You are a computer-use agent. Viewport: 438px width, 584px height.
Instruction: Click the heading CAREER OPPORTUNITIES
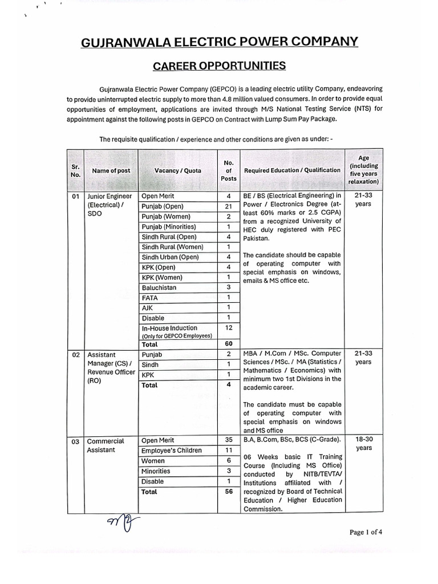click(x=220, y=66)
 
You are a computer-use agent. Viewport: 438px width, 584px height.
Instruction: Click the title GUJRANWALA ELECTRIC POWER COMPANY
click(x=220, y=41)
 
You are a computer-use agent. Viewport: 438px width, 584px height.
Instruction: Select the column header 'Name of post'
click(x=111, y=171)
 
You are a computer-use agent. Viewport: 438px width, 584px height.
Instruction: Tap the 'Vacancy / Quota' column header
click(x=177, y=171)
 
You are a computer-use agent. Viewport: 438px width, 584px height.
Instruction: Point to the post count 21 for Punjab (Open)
click(x=228, y=206)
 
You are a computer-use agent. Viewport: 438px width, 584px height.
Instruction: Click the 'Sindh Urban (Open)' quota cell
click(x=170, y=257)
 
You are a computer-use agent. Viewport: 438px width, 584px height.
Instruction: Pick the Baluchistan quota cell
click(x=159, y=287)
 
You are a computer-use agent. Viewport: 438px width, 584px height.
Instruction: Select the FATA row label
click(x=150, y=298)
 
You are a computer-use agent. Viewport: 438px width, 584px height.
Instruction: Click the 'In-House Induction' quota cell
click(x=170, y=328)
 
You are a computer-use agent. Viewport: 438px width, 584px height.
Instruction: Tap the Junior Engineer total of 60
click(x=228, y=344)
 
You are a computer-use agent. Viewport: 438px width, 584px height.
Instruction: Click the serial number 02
click(x=75, y=355)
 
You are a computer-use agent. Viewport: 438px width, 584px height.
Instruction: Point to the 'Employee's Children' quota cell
click(x=172, y=451)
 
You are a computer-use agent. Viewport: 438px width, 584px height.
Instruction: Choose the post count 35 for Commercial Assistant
click(x=228, y=440)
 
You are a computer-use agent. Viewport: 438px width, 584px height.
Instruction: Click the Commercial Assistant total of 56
click(x=228, y=492)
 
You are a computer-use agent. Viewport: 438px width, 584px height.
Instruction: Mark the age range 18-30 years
click(x=363, y=444)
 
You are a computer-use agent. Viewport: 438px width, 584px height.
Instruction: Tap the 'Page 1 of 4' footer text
click(x=366, y=532)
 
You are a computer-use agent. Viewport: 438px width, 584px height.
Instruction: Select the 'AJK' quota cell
click(x=148, y=308)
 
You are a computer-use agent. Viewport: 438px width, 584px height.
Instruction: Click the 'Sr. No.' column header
click(x=75, y=171)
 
